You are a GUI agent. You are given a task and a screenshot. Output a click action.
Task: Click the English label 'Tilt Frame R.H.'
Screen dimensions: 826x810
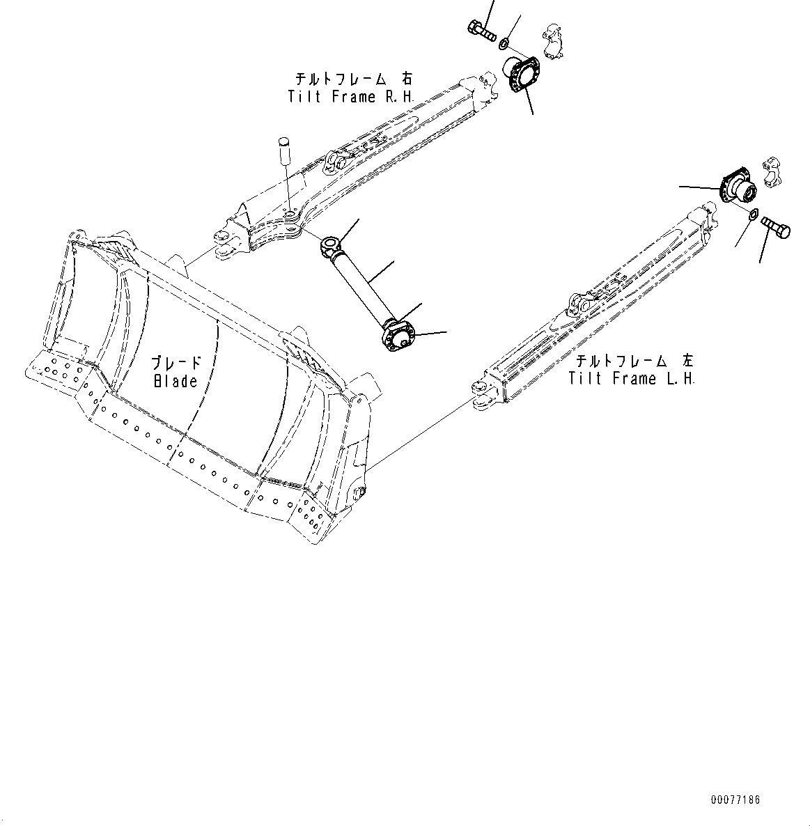pyautogui.click(x=352, y=97)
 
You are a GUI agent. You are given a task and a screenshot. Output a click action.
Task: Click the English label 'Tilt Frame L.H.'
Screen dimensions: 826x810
pyautogui.click(x=632, y=379)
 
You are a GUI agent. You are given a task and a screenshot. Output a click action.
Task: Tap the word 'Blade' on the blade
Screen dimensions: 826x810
pyautogui.click(x=176, y=381)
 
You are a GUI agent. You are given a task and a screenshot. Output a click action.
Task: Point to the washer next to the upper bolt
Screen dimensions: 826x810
pyautogui.click(x=503, y=45)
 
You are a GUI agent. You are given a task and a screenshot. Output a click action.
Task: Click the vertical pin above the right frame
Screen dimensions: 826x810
pyautogui.click(x=284, y=150)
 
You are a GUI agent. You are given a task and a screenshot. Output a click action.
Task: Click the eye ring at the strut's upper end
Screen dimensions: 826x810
pyautogui.click(x=330, y=244)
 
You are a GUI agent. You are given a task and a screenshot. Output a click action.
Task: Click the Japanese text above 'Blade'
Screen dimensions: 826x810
pyautogui.click(x=176, y=363)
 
